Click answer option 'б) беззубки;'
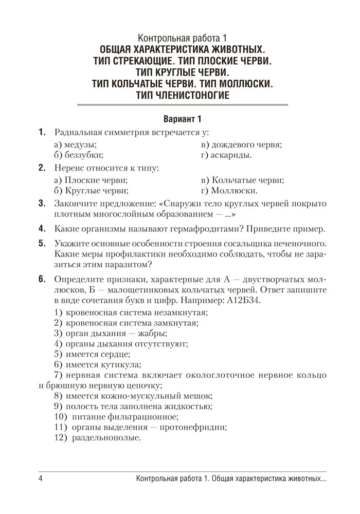click(x=78, y=154)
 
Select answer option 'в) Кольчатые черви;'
click(x=243, y=180)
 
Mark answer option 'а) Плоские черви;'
click(x=91, y=180)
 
